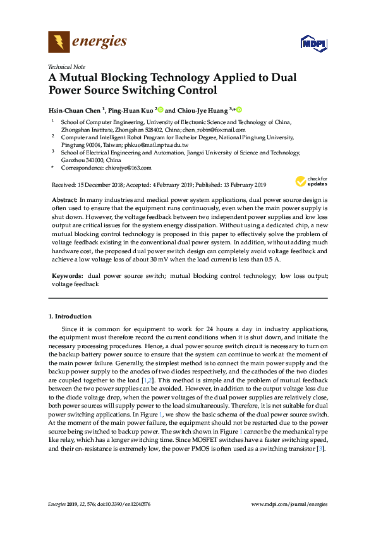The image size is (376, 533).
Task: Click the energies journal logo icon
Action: point(59,42)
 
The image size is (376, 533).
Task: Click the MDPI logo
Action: point(311,44)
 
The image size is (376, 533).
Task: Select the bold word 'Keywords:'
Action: point(66,277)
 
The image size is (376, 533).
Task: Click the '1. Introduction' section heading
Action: point(70,316)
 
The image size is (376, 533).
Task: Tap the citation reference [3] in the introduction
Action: point(320,448)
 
